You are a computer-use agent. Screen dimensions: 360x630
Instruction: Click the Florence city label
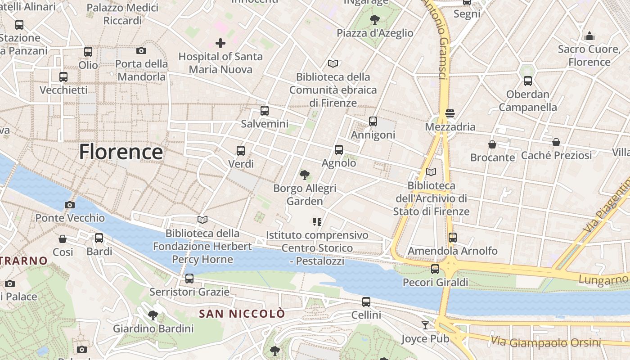(x=121, y=152)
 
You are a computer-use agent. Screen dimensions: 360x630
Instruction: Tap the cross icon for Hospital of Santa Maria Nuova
(x=220, y=43)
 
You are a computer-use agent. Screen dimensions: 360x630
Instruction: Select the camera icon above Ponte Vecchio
(x=69, y=205)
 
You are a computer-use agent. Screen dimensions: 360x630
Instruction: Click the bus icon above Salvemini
(x=265, y=110)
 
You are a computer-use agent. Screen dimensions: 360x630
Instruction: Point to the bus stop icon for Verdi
(x=241, y=151)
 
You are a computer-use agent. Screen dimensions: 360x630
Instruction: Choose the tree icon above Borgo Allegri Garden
(x=305, y=175)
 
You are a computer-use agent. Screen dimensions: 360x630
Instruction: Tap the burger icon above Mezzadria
(x=450, y=113)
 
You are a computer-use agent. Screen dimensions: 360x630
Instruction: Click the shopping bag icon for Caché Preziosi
(x=556, y=142)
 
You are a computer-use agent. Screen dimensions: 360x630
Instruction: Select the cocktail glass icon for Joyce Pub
(x=425, y=325)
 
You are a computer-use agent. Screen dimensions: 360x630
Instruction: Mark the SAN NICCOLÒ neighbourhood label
(x=242, y=314)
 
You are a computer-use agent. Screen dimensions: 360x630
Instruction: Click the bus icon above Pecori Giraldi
(x=435, y=269)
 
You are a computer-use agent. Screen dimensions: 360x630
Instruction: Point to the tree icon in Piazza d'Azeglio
(x=374, y=19)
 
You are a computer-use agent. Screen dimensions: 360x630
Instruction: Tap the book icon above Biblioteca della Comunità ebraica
(x=333, y=63)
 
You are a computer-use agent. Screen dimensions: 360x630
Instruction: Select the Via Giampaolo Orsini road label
(x=545, y=342)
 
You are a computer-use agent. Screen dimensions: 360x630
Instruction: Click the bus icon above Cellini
(x=366, y=302)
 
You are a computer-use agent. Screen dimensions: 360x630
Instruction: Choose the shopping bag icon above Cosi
(x=63, y=238)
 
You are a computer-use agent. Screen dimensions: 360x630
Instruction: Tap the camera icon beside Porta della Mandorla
(x=141, y=50)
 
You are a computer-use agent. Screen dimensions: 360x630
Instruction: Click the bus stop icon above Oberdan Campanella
(x=527, y=81)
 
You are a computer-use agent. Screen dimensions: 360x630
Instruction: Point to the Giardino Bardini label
(x=153, y=328)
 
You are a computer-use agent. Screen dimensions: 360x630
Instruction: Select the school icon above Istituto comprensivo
(x=317, y=221)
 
